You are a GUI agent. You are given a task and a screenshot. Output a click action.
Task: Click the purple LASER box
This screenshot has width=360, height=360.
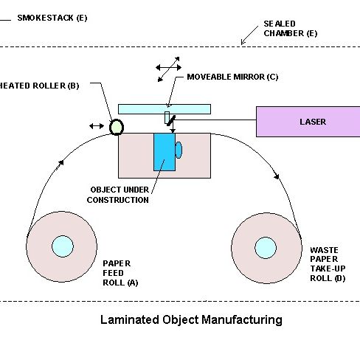coord(308,122)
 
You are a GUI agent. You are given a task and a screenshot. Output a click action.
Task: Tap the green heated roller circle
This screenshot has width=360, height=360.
coord(117,127)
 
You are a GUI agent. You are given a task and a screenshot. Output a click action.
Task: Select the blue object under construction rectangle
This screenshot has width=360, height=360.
coord(165,152)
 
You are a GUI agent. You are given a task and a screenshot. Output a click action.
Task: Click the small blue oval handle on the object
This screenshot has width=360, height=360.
coord(179,150)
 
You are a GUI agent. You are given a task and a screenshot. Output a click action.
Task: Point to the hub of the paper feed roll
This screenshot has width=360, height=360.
coord(63,246)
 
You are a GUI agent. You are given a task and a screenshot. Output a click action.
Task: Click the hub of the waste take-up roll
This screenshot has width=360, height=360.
coord(266,248)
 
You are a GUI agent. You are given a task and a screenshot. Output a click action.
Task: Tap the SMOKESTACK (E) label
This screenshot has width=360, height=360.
coord(52,18)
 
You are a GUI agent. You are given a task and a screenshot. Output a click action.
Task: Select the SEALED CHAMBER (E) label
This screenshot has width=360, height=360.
coord(291,29)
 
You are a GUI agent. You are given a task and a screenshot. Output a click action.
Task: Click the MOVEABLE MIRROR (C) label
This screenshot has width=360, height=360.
coord(232,77)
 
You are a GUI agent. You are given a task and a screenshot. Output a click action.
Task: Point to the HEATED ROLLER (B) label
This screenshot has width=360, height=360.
coord(39,86)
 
